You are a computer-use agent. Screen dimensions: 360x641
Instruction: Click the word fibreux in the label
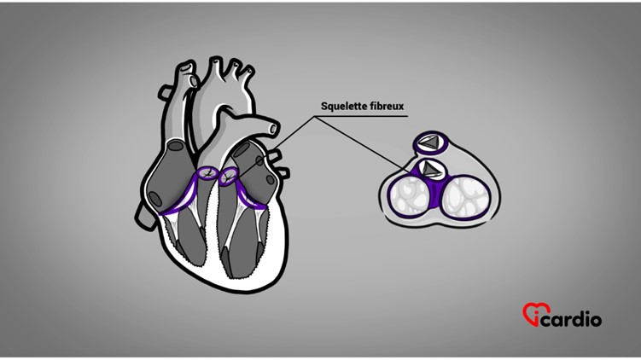click(385, 107)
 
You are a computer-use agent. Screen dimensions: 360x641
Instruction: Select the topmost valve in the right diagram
click(432, 142)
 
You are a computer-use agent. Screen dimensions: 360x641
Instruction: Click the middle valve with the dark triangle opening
click(432, 168)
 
